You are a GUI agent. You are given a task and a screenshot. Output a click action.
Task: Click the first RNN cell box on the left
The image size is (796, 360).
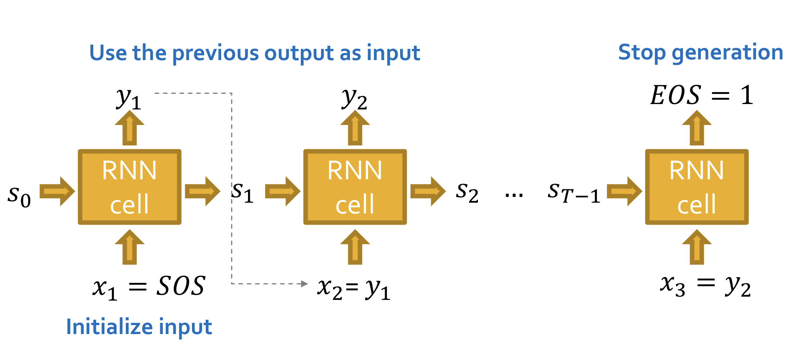(129, 187)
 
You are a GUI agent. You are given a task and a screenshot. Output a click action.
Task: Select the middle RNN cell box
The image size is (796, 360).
(355, 187)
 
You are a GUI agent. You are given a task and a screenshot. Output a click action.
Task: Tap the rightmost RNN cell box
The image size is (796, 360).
(697, 187)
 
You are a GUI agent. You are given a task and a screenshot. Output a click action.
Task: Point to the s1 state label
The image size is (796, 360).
(242, 193)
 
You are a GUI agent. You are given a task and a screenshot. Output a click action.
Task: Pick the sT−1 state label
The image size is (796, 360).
(574, 193)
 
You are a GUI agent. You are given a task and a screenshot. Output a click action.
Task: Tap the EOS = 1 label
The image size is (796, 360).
(702, 95)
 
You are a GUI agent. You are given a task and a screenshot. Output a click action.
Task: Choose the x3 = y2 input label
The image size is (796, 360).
(705, 286)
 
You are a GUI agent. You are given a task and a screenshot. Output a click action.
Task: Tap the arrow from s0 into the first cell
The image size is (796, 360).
(57, 191)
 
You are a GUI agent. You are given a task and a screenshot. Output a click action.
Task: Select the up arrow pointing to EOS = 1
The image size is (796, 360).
(697, 128)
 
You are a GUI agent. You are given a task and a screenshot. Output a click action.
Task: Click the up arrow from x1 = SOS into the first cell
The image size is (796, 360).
(130, 247)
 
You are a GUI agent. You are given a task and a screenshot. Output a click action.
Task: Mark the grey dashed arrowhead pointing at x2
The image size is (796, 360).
(304, 284)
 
